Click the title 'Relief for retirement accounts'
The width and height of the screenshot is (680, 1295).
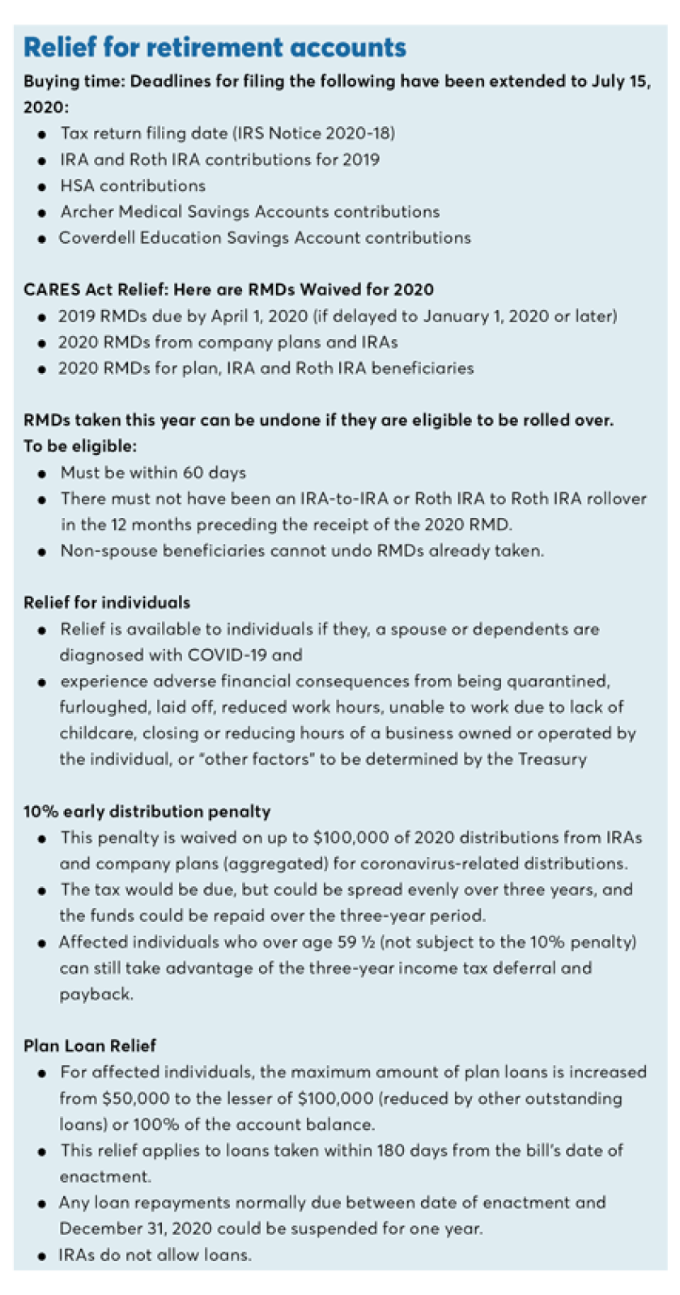pos(215,48)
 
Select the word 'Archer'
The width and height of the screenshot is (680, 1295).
pos(87,211)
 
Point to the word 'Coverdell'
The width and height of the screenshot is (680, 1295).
pos(96,238)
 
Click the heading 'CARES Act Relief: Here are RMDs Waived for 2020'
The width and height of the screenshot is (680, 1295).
pos(228,290)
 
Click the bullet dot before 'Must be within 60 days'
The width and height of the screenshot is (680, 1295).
pos(41,474)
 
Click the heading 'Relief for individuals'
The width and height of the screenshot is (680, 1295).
pos(107,603)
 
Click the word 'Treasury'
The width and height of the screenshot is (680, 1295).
pos(552,759)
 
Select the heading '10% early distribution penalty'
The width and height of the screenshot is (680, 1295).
pos(147,812)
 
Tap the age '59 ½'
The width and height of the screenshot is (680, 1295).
pos(357,942)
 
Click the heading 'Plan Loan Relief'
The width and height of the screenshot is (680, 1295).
pos(90,1046)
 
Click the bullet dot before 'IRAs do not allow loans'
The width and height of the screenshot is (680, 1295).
pos(41,1256)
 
